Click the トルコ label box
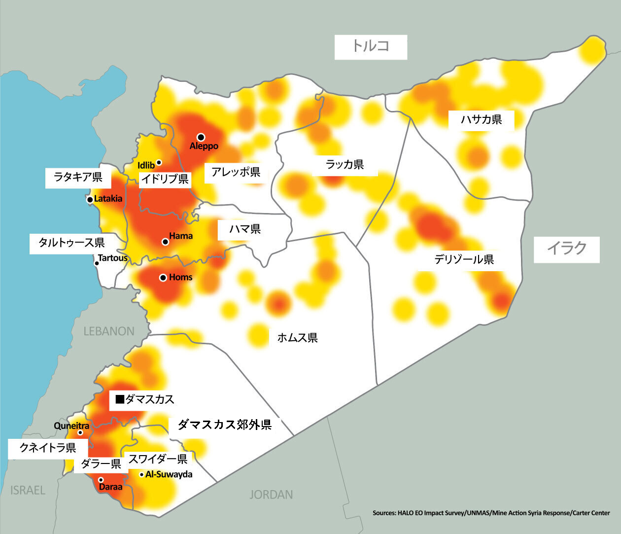click(x=371, y=47)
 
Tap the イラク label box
click(x=567, y=249)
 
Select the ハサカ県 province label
click(x=481, y=120)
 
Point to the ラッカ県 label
click(x=345, y=165)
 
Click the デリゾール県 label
click(x=464, y=259)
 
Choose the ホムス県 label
click(x=297, y=338)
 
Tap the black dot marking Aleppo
click(x=201, y=137)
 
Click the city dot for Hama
click(x=165, y=242)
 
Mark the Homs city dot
click(x=163, y=278)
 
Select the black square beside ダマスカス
click(x=119, y=399)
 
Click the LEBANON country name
click(x=109, y=331)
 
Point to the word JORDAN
click(x=271, y=495)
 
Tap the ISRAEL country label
click(x=28, y=490)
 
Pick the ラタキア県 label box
click(x=78, y=178)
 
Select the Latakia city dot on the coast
click(x=90, y=200)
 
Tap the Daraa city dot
click(x=101, y=479)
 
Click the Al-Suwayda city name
click(x=169, y=474)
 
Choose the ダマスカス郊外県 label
click(x=224, y=425)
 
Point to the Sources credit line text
click(x=491, y=513)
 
